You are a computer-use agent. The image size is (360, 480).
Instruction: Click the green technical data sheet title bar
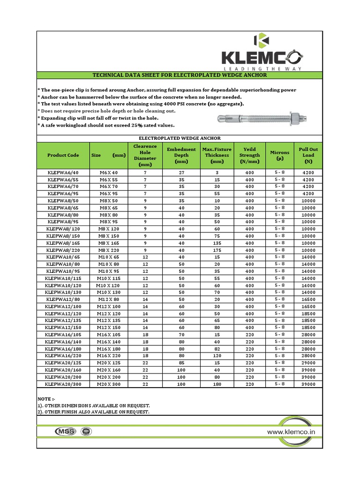180,75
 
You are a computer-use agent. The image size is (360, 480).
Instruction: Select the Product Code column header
63,155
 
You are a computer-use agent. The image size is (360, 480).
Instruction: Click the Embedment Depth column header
181,155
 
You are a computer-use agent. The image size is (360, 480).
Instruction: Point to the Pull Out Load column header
308,155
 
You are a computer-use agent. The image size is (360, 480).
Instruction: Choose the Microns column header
279,155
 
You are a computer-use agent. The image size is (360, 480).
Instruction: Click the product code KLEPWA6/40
63,172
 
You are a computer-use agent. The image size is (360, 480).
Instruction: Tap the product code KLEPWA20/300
63,384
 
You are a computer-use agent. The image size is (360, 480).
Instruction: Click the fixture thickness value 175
217,250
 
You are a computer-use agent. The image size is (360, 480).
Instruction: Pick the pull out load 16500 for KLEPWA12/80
308,299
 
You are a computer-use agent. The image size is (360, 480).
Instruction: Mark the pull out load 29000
308,363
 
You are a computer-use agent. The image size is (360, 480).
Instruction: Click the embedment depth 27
181,172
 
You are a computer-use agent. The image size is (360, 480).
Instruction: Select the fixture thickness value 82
217,349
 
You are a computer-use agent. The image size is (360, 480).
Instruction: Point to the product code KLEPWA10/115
63,278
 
